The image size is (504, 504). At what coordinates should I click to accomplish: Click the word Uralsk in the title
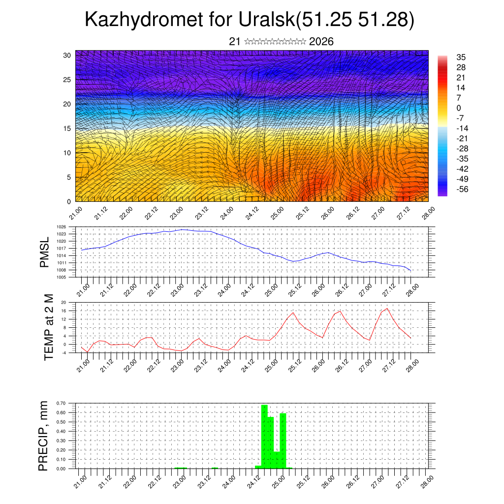pyautogui.click(x=265, y=20)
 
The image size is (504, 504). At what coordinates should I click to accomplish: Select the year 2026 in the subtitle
pyautogui.click(x=321, y=42)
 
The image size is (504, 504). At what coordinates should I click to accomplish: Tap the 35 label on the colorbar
pyautogui.click(x=461, y=57)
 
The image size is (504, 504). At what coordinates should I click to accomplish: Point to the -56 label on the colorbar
pyautogui.click(x=463, y=189)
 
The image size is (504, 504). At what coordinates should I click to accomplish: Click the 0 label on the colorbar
pyautogui.click(x=459, y=108)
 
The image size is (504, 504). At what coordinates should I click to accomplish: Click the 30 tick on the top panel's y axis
pyautogui.click(x=66, y=55)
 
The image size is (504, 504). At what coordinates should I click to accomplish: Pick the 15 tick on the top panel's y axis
pyautogui.click(x=66, y=128)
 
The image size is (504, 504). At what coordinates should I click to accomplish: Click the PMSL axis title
pyautogui.click(x=44, y=252)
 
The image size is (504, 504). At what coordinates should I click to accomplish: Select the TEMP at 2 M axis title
pyautogui.click(x=48, y=327)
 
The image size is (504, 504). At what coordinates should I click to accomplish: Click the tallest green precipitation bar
pyautogui.click(x=264, y=436)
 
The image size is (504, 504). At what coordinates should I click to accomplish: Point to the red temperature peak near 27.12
pyautogui.click(x=387, y=309)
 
